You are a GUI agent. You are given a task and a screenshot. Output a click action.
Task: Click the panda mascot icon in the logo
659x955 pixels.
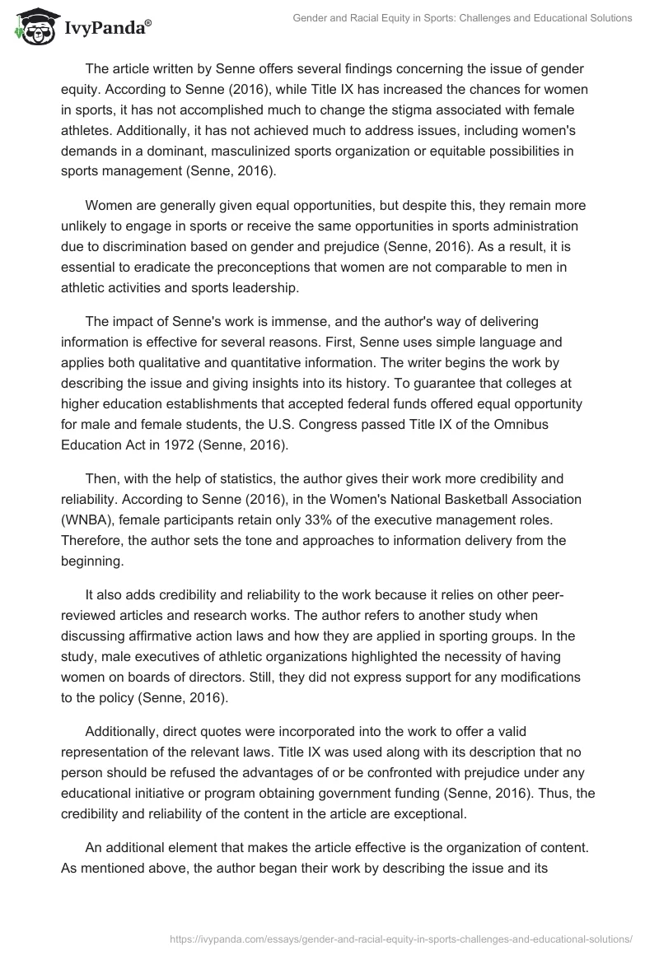click(33, 27)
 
